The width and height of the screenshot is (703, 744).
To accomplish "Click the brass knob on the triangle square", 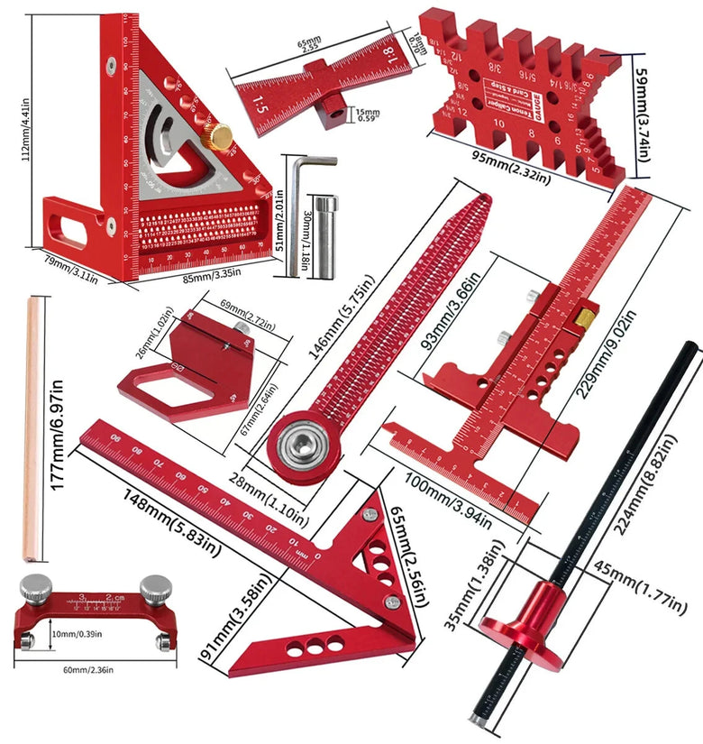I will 217,136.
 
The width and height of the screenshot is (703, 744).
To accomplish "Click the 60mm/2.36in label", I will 86,669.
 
